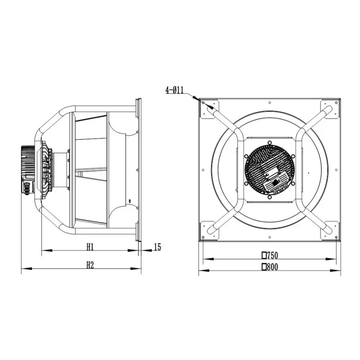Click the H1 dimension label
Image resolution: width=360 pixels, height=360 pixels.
point(90,247)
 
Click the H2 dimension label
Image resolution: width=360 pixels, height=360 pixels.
point(90,265)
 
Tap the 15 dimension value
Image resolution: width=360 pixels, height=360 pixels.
point(157,247)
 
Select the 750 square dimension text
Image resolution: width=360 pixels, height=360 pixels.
point(270,255)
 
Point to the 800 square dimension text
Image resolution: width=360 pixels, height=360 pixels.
point(270,267)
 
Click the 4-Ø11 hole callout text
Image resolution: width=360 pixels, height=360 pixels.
point(175,90)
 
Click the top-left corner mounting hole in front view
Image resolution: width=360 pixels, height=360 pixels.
point(203,103)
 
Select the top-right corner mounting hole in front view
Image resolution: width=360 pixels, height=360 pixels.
point(336,103)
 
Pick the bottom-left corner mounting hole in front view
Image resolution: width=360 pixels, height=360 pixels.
point(203,237)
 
